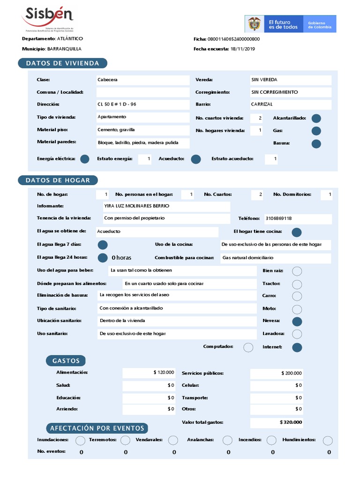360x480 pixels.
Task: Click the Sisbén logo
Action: (47, 18)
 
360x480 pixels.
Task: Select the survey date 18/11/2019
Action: (243, 49)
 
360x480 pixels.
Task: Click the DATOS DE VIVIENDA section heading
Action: (62, 63)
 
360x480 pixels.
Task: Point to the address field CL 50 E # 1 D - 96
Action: (117, 104)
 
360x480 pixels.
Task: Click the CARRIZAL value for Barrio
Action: (262, 104)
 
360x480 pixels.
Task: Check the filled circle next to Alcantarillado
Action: (316, 119)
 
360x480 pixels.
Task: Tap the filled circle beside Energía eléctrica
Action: (84, 159)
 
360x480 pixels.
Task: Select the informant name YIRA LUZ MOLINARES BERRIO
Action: (137, 206)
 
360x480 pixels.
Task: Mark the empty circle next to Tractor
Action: (297, 284)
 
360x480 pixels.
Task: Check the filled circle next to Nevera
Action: (297, 321)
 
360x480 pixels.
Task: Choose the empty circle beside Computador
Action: (248, 347)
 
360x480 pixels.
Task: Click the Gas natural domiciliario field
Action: (248, 258)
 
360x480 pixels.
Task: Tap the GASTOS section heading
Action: (66, 360)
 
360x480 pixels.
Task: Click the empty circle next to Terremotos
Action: (125, 440)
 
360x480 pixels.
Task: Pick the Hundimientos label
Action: (299, 440)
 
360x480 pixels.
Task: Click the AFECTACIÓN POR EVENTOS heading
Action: (97, 428)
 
